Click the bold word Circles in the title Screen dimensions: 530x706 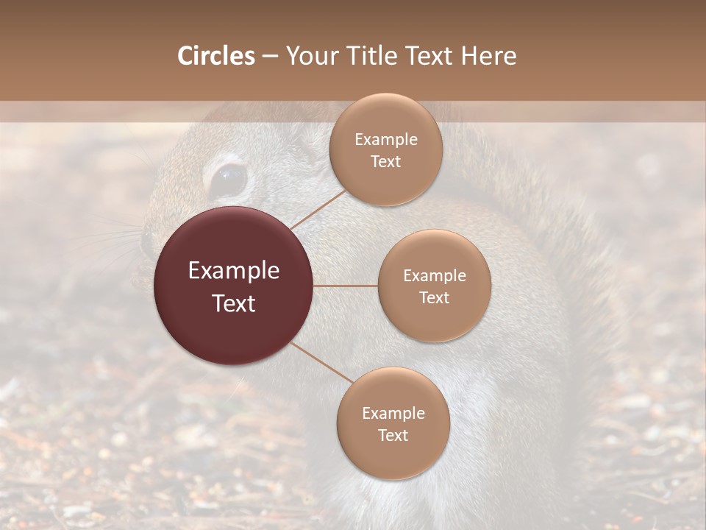(215, 56)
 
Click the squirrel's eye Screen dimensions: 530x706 (228, 179)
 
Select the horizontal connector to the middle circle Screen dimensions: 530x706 (346, 286)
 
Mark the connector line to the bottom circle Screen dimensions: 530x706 (322, 362)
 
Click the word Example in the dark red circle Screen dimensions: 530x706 (234, 271)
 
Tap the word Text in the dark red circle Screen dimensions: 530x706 (234, 303)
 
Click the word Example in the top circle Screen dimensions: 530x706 (385, 140)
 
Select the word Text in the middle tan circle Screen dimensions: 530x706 (434, 297)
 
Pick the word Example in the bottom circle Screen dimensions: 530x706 (393, 414)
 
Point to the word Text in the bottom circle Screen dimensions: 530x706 (393, 436)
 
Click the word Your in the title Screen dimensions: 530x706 (308, 56)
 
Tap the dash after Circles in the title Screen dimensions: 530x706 (270, 57)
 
